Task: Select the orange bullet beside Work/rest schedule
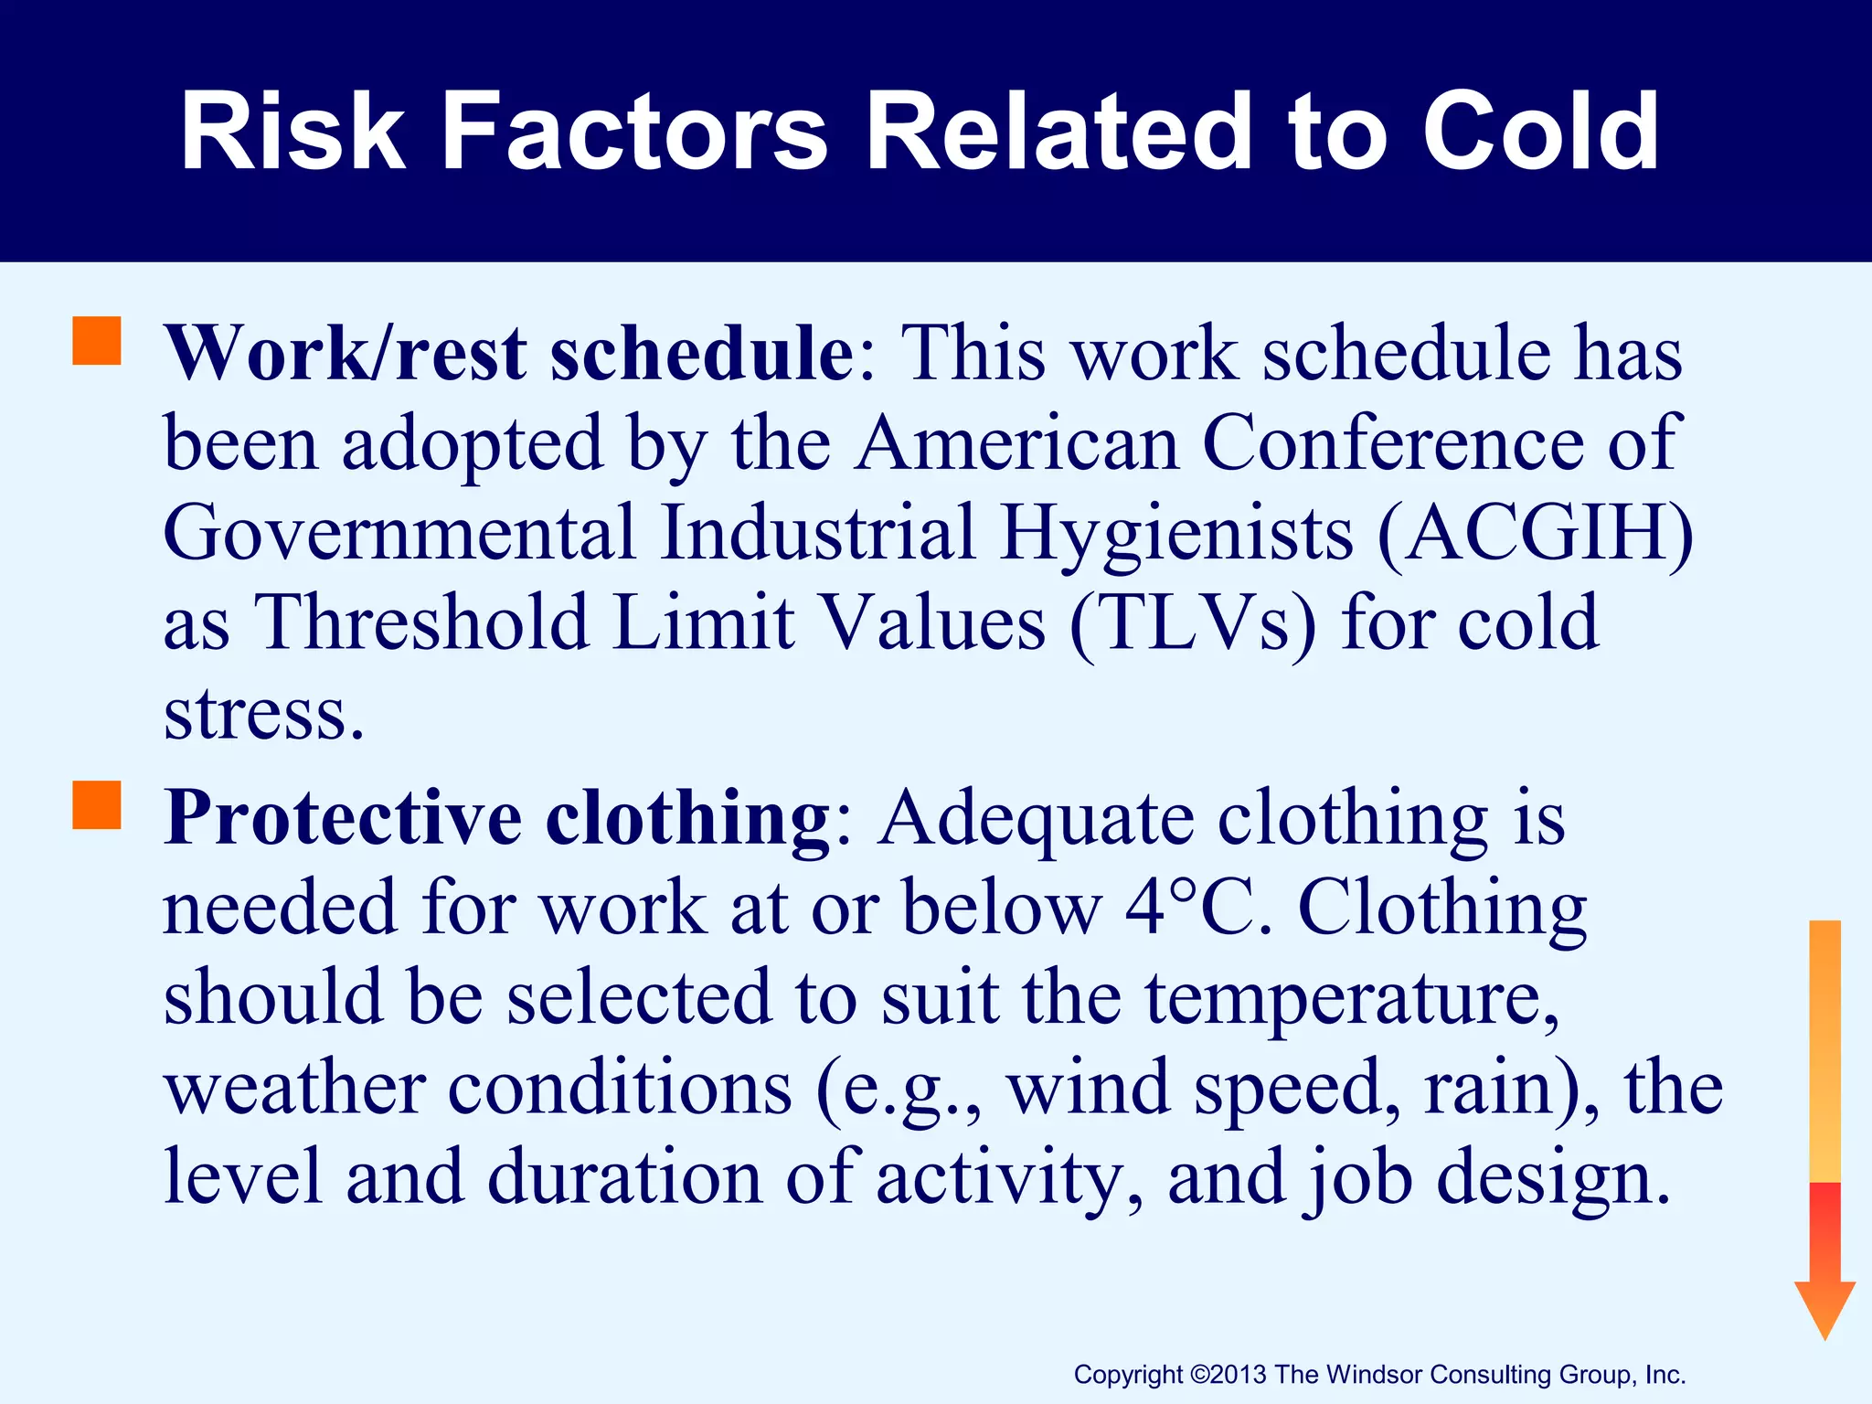(97, 341)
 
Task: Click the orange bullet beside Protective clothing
(97, 804)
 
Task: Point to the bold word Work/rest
(345, 355)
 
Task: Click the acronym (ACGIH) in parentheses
(1535, 533)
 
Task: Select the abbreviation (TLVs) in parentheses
(1193, 623)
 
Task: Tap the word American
(1016, 444)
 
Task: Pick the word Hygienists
(1176, 535)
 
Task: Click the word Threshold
(421, 623)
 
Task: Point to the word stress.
(263, 714)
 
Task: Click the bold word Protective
(343, 818)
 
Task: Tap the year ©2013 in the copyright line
(1229, 1375)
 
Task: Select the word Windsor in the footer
(1374, 1375)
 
